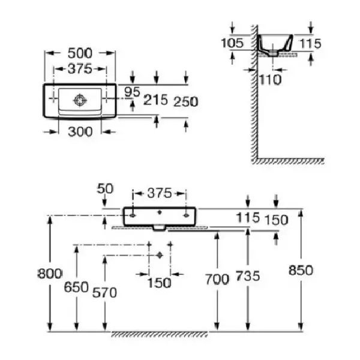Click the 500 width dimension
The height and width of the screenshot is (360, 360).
pyautogui.click(x=80, y=53)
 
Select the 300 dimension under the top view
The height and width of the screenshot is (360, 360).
pyautogui.click(x=80, y=132)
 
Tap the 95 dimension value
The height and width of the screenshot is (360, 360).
pyautogui.click(x=132, y=92)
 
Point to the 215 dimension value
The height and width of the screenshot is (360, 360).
pyautogui.click(x=155, y=100)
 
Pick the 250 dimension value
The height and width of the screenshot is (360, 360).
pyautogui.click(x=186, y=102)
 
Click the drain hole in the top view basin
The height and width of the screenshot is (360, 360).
pyautogui.click(x=80, y=100)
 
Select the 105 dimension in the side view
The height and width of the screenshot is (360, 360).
pyautogui.click(x=232, y=43)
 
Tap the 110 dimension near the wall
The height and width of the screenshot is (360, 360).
pyautogui.click(x=270, y=80)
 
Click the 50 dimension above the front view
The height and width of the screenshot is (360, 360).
pyautogui.click(x=105, y=189)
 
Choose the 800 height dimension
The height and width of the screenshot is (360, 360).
pyautogui.click(x=50, y=274)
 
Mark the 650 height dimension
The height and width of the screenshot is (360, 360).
pyautogui.click(x=76, y=287)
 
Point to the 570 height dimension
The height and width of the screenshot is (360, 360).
pyautogui.click(x=104, y=293)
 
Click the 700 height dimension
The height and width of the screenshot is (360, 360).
pyautogui.click(x=217, y=279)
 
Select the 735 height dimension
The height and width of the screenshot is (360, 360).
pyautogui.click(x=248, y=276)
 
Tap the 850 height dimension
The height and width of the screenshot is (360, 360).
pyautogui.click(x=301, y=270)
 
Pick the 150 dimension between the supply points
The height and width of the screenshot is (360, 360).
pyautogui.click(x=159, y=283)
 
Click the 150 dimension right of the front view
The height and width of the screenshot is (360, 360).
pyautogui.click(x=277, y=220)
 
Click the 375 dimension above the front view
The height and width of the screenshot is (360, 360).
pyautogui.click(x=160, y=193)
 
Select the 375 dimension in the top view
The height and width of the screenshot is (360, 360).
pyautogui.click(x=80, y=68)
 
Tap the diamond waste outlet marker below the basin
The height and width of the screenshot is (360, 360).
pyautogui.click(x=160, y=255)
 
